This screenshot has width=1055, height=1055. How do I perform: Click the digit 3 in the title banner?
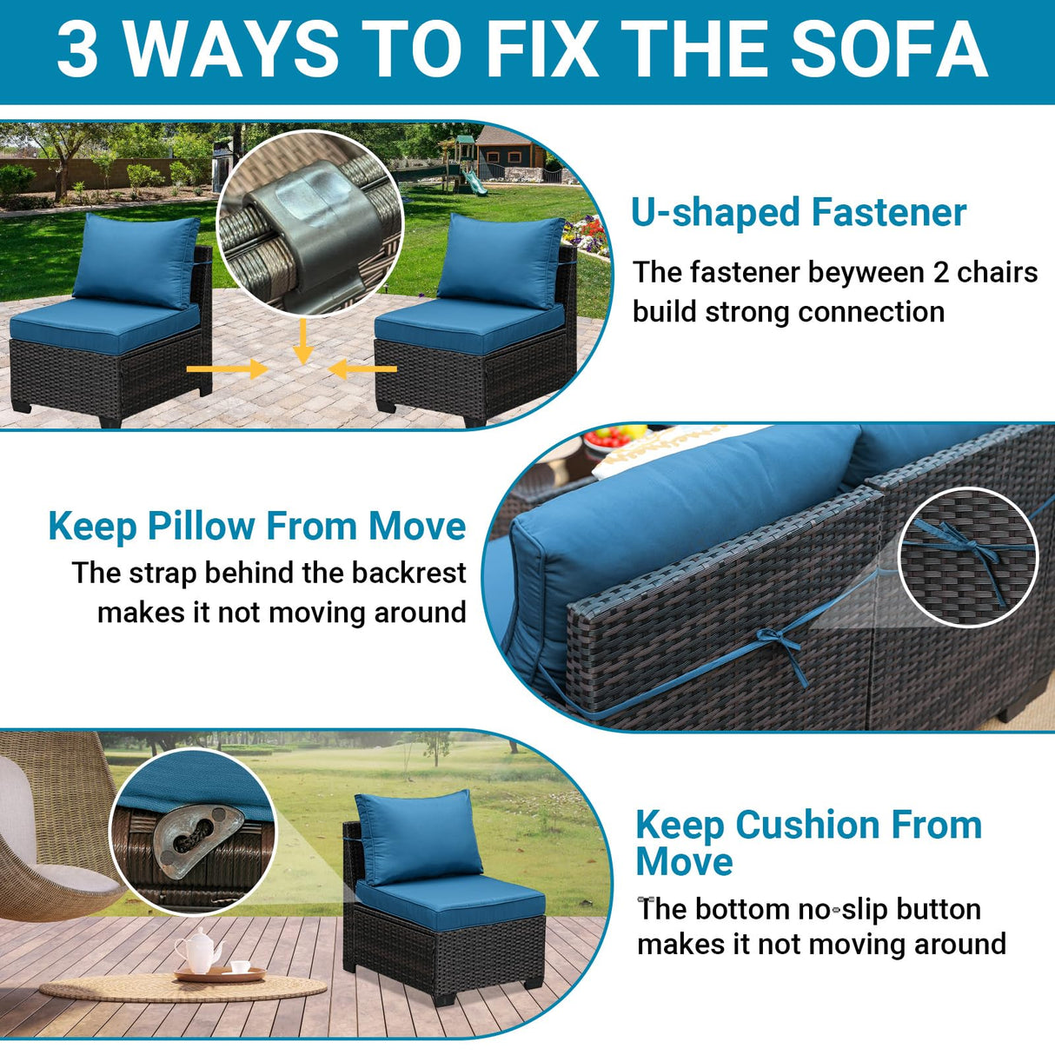[77, 50]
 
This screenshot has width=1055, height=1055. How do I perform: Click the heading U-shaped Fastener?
[798, 213]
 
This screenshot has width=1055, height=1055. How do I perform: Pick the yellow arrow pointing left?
[363, 369]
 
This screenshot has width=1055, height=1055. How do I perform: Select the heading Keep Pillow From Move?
[257, 527]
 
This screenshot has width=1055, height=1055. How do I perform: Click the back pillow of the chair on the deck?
[419, 836]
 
